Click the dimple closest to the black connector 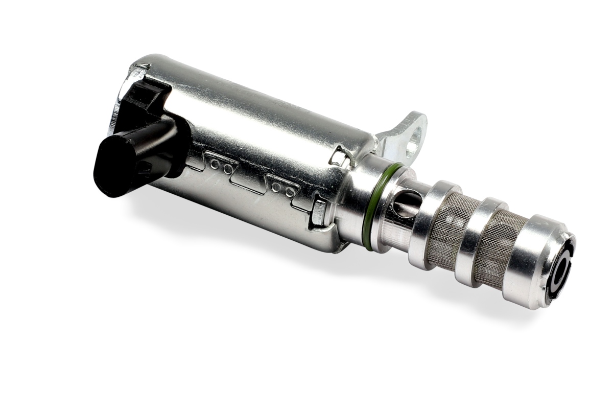(215, 165)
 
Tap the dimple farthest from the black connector (290, 193)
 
